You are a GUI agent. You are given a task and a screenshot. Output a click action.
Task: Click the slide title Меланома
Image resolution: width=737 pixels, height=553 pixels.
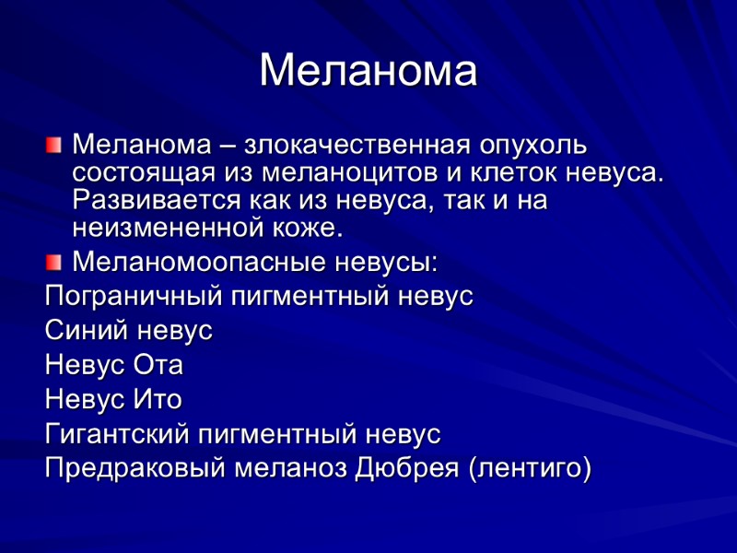click(x=368, y=71)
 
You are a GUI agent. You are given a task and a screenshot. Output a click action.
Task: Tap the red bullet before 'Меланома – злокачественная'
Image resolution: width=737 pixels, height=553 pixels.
click(x=54, y=144)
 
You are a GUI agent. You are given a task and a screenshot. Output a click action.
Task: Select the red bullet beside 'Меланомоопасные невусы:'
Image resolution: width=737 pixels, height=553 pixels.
click(x=54, y=262)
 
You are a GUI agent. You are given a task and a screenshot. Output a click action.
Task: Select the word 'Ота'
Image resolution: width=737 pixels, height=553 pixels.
click(x=158, y=365)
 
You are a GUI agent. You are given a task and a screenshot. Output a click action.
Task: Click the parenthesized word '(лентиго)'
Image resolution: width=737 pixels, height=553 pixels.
click(x=529, y=467)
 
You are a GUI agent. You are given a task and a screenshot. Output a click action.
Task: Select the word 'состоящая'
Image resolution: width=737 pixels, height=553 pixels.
click(x=143, y=173)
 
